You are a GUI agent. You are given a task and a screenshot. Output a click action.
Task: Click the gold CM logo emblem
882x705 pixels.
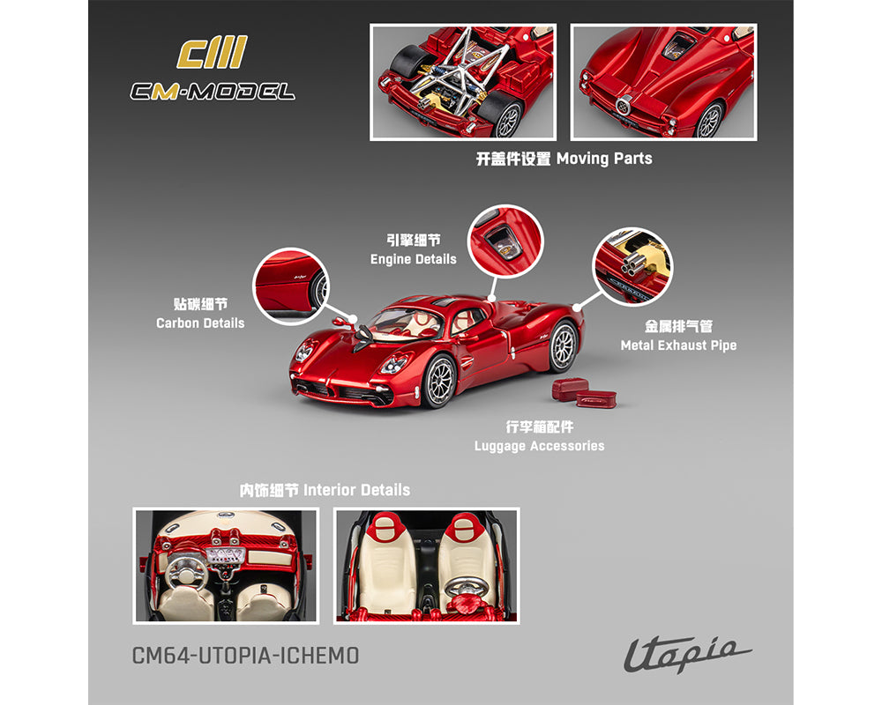point(212,53)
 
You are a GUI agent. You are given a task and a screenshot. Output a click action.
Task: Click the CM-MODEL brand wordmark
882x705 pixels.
point(212,91)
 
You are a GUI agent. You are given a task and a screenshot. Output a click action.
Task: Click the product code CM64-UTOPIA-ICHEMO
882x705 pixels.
point(245,656)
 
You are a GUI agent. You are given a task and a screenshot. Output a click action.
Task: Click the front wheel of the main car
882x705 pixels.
point(438,381)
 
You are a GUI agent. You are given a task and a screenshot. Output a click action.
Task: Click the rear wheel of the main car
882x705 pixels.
point(563,345)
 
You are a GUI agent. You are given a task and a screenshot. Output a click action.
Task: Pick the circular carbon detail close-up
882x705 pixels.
point(291,286)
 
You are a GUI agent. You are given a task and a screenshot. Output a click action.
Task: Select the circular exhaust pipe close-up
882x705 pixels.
point(632,266)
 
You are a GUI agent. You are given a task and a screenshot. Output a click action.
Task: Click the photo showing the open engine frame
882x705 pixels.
point(463,82)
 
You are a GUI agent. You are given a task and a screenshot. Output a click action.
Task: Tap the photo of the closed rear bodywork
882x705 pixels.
point(663,82)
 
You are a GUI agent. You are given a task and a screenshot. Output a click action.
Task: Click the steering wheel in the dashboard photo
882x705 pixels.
point(188,568)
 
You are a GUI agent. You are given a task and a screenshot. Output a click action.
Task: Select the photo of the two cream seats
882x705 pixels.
point(427,566)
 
